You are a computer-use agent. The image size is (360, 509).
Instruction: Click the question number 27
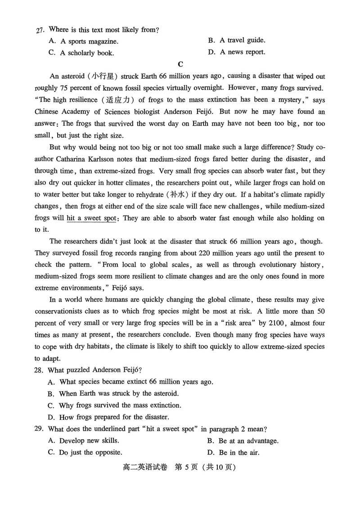40,30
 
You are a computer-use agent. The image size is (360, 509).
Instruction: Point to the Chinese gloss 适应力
119,100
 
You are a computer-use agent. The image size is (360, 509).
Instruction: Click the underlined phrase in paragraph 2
93,218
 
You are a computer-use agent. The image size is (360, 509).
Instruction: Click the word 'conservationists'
59,311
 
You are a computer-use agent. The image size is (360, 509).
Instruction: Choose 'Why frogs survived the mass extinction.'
115,405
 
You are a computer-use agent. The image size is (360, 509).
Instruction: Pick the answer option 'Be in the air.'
234,452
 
